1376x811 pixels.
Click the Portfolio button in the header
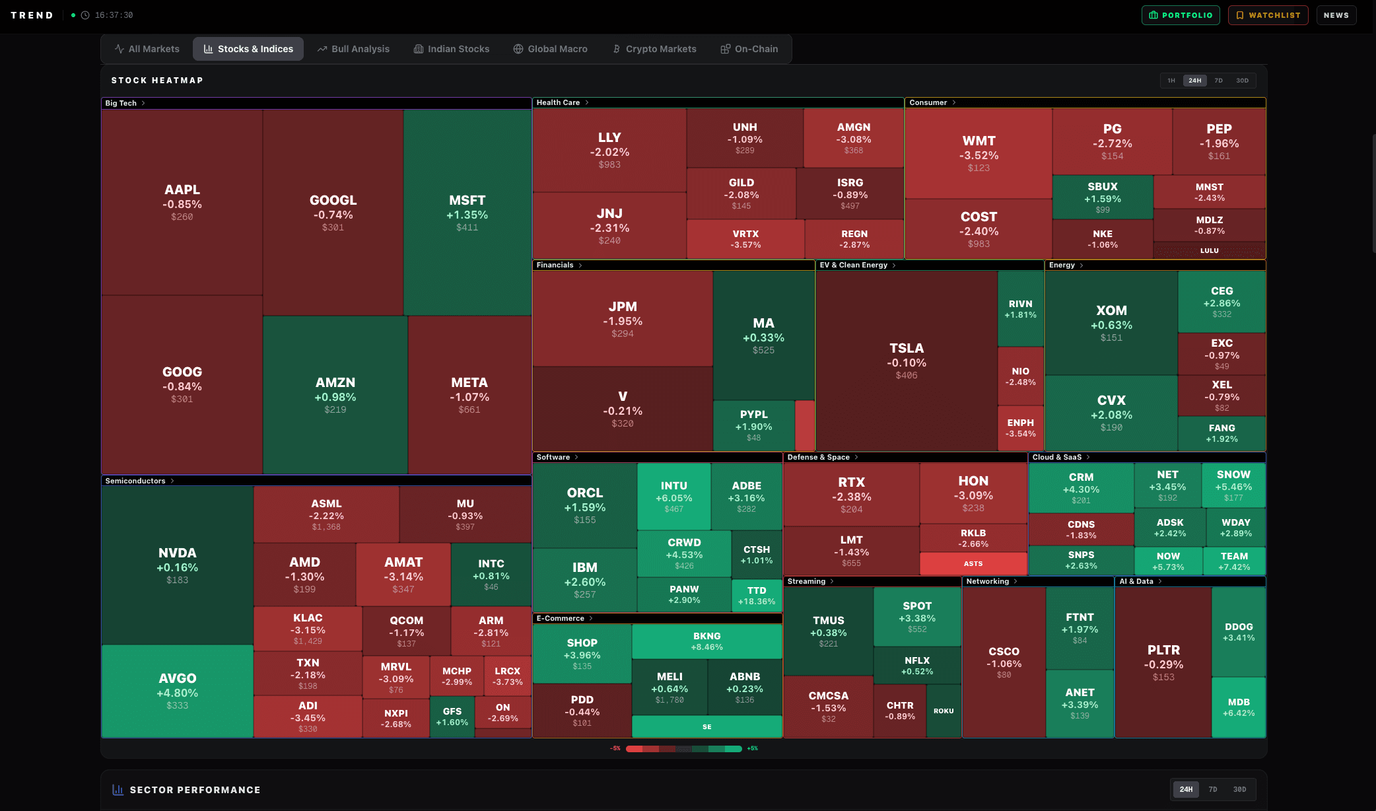[1181, 15]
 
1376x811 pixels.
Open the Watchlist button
[1268, 15]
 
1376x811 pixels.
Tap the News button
[1336, 15]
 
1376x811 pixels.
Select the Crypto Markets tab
[654, 49]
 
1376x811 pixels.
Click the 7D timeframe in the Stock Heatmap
[1218, 81]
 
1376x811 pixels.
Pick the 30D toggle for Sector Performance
[1239, 789]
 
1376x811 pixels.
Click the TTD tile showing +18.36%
[757, 596]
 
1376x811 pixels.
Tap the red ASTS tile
[973, 563]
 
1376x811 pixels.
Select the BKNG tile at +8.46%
[706, 641]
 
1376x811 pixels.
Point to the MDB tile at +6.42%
[1239, 707]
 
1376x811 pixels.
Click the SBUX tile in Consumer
[1103, 197]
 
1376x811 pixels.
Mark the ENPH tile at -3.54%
[1020, 428]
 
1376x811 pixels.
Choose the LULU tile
[1210, 250]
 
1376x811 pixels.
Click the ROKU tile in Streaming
[944, 711]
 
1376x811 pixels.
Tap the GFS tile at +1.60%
[452, 717]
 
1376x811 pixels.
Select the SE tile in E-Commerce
[706, 726]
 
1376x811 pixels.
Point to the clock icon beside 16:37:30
[85, 15]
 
